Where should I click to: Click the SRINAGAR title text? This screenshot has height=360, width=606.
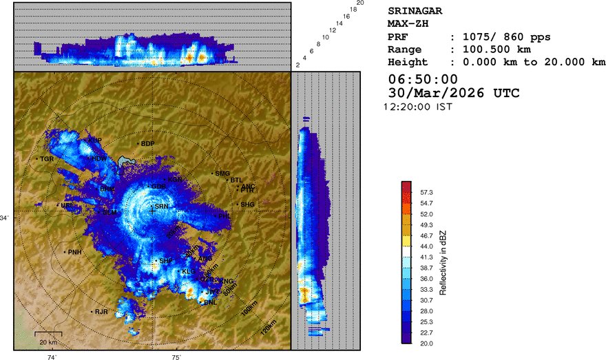(x=415, y=11)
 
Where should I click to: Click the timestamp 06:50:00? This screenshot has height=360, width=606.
(x=423, y=79)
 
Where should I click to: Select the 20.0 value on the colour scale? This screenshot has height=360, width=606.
(x=427, y=342)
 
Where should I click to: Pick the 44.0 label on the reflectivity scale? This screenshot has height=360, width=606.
(x=427, y=246)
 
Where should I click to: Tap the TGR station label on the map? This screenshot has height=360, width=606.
(x=47, y=159)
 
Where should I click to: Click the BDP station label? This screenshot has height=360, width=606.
(x=147, y=144)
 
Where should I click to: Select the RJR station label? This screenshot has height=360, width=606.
(x=101, y=312)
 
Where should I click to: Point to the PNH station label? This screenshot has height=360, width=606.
(x=74, y=252)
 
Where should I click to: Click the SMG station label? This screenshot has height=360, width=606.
(x=222, y=173)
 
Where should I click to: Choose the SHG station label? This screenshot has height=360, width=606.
(x=248, y=204)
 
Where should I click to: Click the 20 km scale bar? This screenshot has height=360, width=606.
(x=48, y=337)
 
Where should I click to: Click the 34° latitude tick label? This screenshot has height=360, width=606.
(x=6, y=218)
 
